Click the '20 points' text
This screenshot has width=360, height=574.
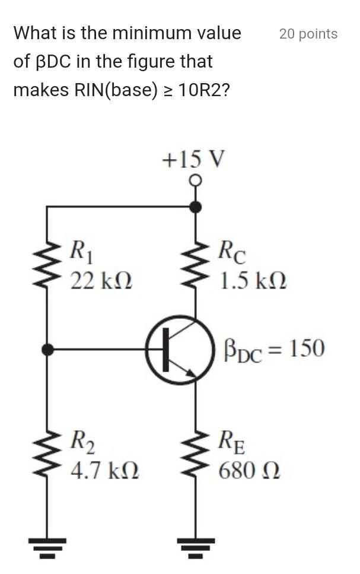tap(308, 34)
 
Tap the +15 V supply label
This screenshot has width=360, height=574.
tap(194, 159)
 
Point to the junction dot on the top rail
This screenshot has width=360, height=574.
tap(195, 207)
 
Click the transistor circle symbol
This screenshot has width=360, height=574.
tap(180, 350)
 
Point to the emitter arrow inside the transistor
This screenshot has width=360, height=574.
tap(189, 372)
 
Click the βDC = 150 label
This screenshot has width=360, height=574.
tap(274, 349)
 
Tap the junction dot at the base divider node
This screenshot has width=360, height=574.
tap(47, 350)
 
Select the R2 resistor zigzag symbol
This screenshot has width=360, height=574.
tap(47, 456)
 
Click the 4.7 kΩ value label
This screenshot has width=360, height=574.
tap(104, 471)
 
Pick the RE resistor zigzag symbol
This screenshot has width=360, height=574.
tap(195, 456)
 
